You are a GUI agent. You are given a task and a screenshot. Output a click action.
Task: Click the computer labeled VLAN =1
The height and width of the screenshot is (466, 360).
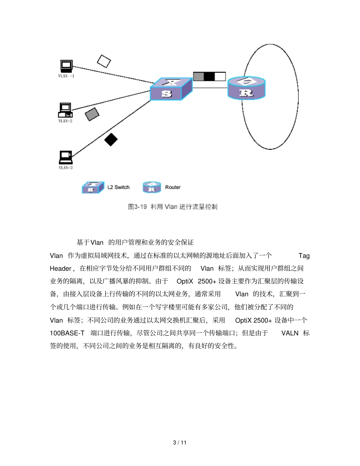[x=66, y=66]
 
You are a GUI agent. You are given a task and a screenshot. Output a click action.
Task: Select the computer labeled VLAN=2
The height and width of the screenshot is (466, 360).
[x=65, y=110]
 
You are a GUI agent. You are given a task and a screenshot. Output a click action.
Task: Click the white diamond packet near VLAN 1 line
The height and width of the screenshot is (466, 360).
[x=104, y=61]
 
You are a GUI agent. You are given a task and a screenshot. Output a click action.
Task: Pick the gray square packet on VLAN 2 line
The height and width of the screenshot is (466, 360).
[x=92, y=114]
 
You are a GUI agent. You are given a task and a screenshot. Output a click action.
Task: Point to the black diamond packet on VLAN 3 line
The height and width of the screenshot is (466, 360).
[x=111, y=140]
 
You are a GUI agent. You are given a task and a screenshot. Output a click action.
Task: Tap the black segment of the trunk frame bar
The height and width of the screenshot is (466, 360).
[x=209, y=77]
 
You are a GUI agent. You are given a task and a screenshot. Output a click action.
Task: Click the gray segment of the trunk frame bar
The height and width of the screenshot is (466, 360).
[x=199, y=77]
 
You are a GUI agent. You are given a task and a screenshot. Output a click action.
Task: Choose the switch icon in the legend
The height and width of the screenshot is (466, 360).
[x=92, y=187]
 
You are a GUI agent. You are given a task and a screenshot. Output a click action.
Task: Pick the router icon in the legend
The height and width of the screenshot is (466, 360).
[x=152, y=187]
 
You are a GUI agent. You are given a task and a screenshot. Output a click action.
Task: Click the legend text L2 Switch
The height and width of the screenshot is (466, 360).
[x=118, y=187]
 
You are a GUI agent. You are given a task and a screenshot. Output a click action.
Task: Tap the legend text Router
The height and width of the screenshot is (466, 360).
[x=173, y=187]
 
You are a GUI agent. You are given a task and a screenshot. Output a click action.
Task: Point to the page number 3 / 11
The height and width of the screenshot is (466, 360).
[x=180, y=443]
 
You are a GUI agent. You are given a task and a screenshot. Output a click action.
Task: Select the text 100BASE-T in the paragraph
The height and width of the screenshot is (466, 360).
[x=67, y=333]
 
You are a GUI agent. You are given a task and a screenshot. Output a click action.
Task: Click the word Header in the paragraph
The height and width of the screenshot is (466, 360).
[x=61, y=269]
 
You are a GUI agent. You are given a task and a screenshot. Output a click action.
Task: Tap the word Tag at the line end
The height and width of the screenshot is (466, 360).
[x=304, y=256]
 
